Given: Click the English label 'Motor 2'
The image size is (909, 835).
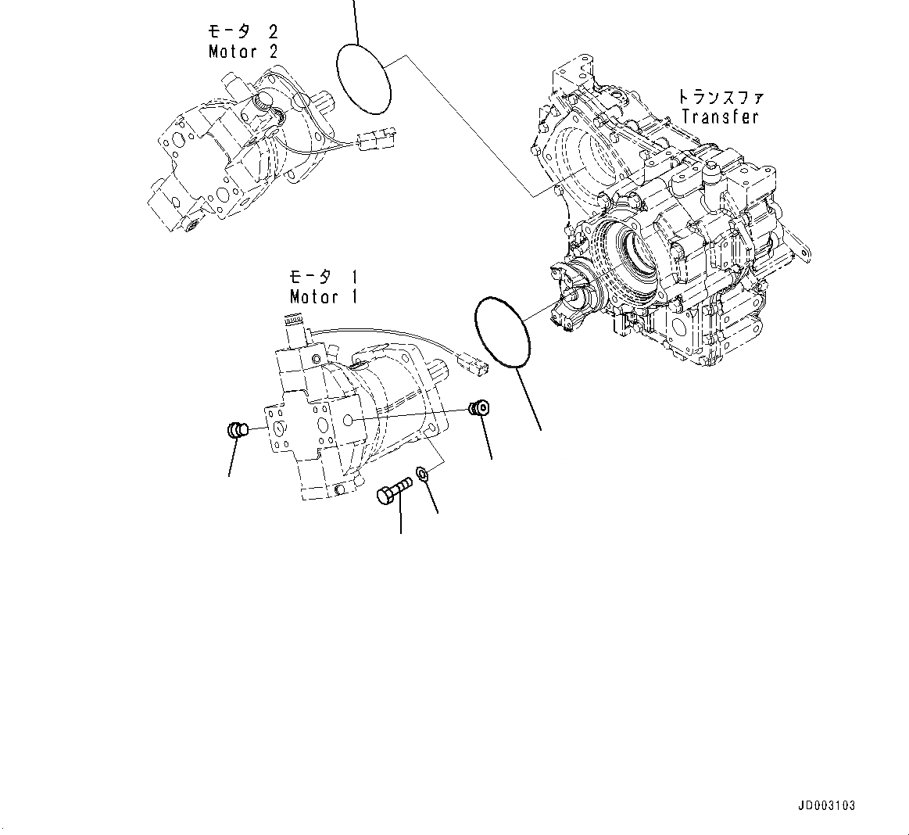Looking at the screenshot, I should tap(242, 52).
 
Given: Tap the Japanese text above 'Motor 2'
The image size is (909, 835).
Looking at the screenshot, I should tap(242, 32).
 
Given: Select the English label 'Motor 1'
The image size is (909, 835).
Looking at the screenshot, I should tap(324, 297).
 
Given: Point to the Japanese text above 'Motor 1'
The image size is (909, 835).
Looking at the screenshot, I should tap(324, 277).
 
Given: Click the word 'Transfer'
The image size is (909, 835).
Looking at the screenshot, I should tap(720, 117).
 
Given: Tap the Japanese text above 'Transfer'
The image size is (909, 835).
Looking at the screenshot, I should tap(720, 98).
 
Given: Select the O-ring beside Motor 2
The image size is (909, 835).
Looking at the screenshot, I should tap(363, 77).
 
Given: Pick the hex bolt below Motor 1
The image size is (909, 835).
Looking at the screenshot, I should tap(394, 493).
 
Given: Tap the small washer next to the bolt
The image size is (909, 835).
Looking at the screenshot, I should tap(423, 474).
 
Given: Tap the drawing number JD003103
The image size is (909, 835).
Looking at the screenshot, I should tap(826, 806).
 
